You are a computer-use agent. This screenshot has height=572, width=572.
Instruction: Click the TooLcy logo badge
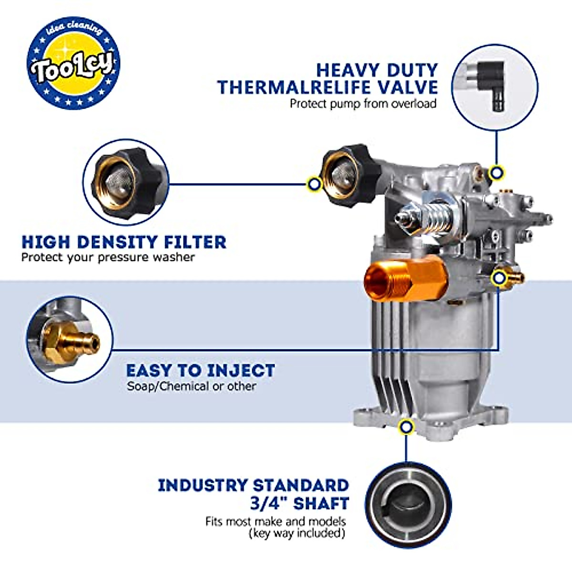(73, 63)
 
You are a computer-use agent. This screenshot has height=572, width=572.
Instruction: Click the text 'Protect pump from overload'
(363, 103)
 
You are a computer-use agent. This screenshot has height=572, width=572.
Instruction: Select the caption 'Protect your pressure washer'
(108, 257)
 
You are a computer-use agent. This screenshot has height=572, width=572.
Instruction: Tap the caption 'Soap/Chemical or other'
(191, 386)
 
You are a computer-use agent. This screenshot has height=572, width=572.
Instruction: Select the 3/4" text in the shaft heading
(268, 503)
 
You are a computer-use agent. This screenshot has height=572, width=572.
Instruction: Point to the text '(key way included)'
(296, 532)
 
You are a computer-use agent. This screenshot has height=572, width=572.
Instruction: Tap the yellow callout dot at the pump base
(406, 426)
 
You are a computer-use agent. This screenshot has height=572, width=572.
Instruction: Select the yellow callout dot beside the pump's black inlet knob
(314, 184)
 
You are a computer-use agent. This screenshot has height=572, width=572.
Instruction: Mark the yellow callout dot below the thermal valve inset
(497, 173)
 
